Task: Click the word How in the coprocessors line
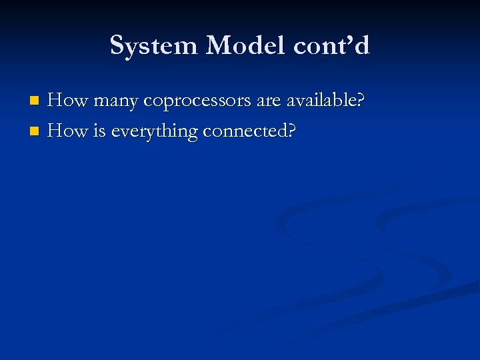point(68,101)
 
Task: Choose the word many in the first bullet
point(116,102)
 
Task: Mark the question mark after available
point(361,101)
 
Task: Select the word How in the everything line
point(68,131)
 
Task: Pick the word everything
point(155,133)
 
